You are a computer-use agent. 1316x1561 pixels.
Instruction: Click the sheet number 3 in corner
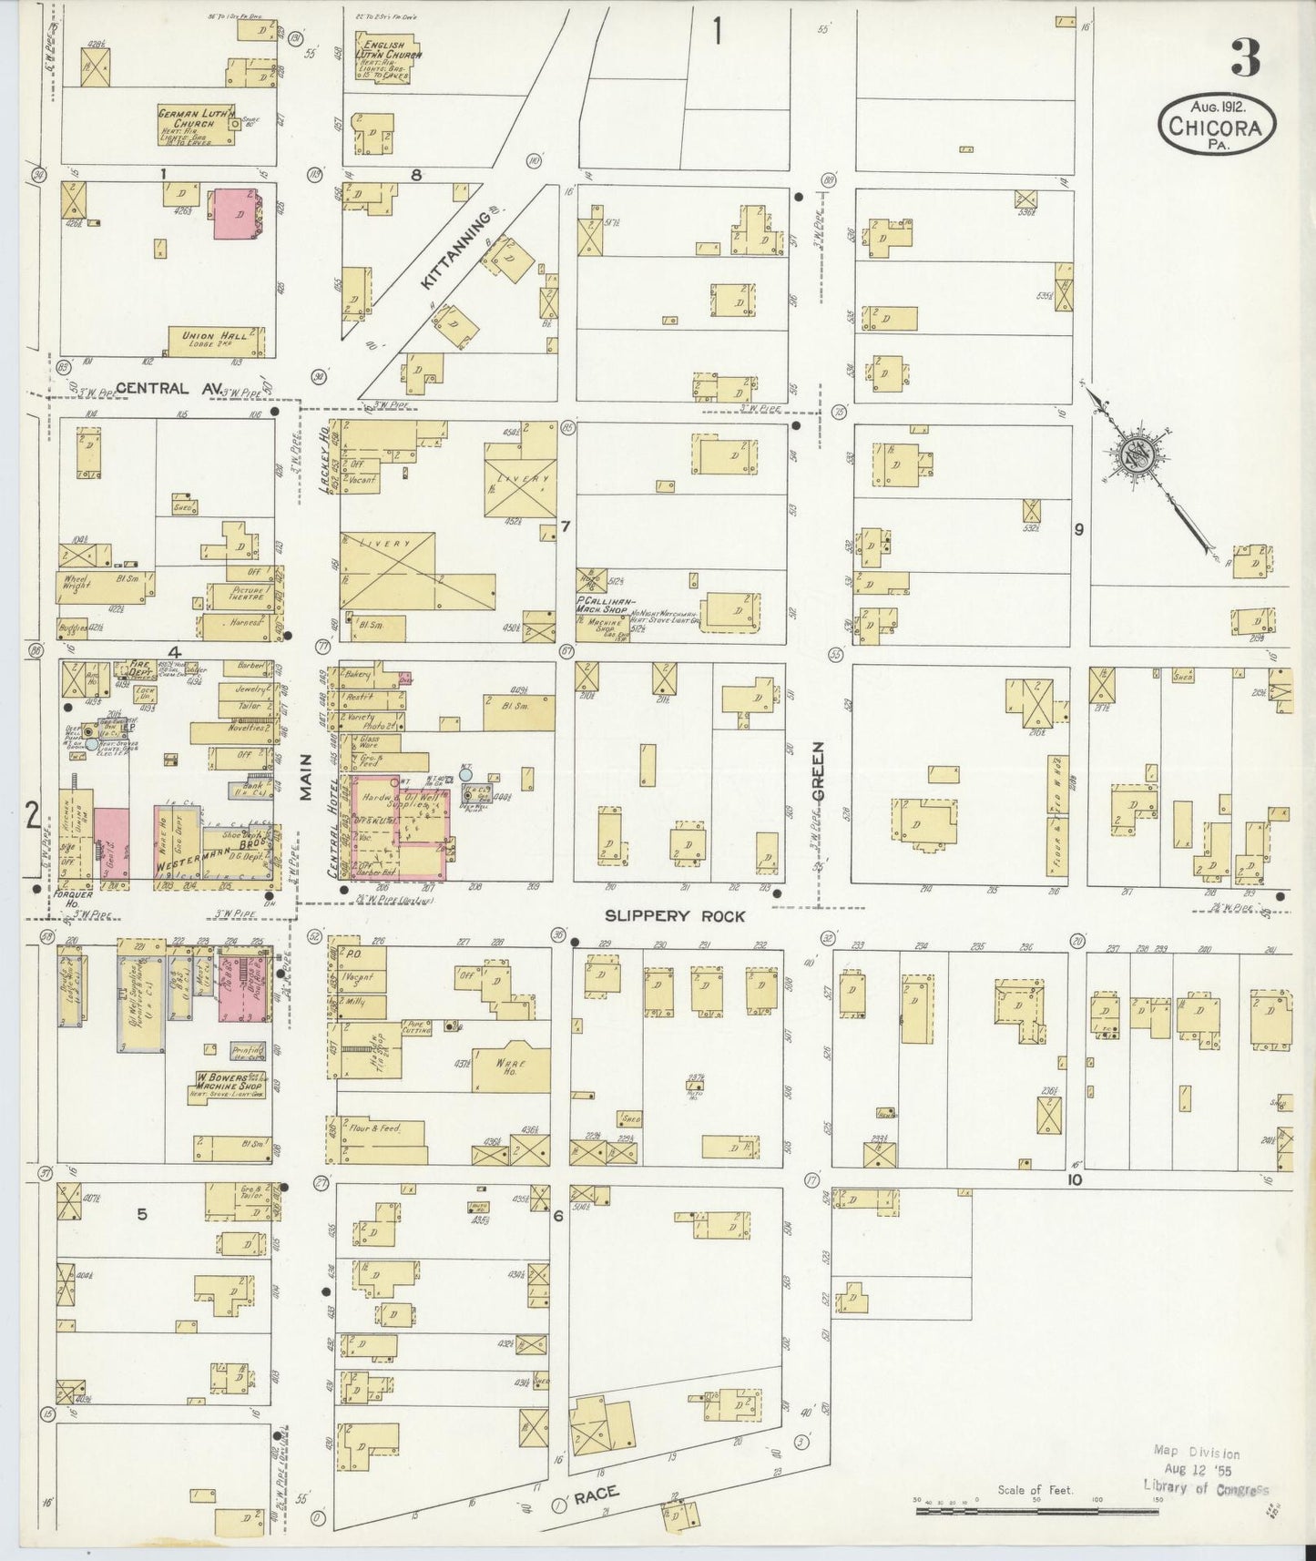click(1245, 58)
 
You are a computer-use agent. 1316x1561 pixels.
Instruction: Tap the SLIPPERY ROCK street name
click(675, 916)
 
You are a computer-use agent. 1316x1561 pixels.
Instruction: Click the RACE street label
click(596, 1492)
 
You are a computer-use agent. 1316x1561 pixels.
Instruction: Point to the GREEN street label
click(818, 771)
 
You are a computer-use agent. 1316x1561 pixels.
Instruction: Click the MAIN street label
click(307, 783)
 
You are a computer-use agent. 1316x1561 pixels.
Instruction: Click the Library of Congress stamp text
click(1205, 1487)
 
